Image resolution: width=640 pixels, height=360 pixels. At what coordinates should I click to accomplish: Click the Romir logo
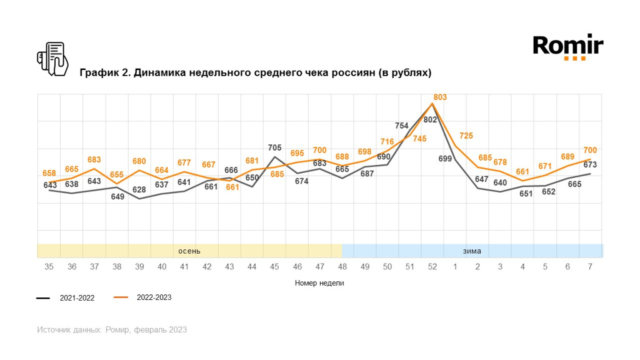pyautogui.click(x=567, y=47)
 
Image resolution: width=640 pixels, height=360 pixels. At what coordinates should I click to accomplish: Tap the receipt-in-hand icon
pyautogui.click(x=52, y=59)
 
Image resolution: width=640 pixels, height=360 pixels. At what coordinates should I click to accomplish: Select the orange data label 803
pyautogui.click(x=441, y=97)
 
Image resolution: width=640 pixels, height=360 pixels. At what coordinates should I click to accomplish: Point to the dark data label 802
pyautogui.click(x=430, y=119)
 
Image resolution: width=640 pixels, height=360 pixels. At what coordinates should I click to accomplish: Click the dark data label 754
pyautogui.click(x=402, y=126)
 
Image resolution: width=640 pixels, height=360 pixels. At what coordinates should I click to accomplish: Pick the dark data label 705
pyautogui.click(x=275, y=148)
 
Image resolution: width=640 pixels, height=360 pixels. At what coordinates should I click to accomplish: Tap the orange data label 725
pyautogui.click(x=466, y=136)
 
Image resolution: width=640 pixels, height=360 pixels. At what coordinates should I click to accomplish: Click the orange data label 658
pyautogui.click(x=50, y=172)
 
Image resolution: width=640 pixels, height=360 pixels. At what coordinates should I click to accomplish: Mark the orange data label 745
pyautogui.click(x=419, y=139)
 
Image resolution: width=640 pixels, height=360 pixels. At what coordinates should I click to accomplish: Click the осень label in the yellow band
pyautogui.click(x=189, y=251)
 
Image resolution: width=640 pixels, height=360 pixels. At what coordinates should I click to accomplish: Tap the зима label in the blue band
pyautogui.click(x=472, y=251)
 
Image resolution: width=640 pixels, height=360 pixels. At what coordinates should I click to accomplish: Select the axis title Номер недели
pyautogui.click(x=319, y=282)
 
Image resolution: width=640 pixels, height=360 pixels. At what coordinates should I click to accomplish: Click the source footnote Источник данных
pyautogui.click(x=112, y=329)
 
